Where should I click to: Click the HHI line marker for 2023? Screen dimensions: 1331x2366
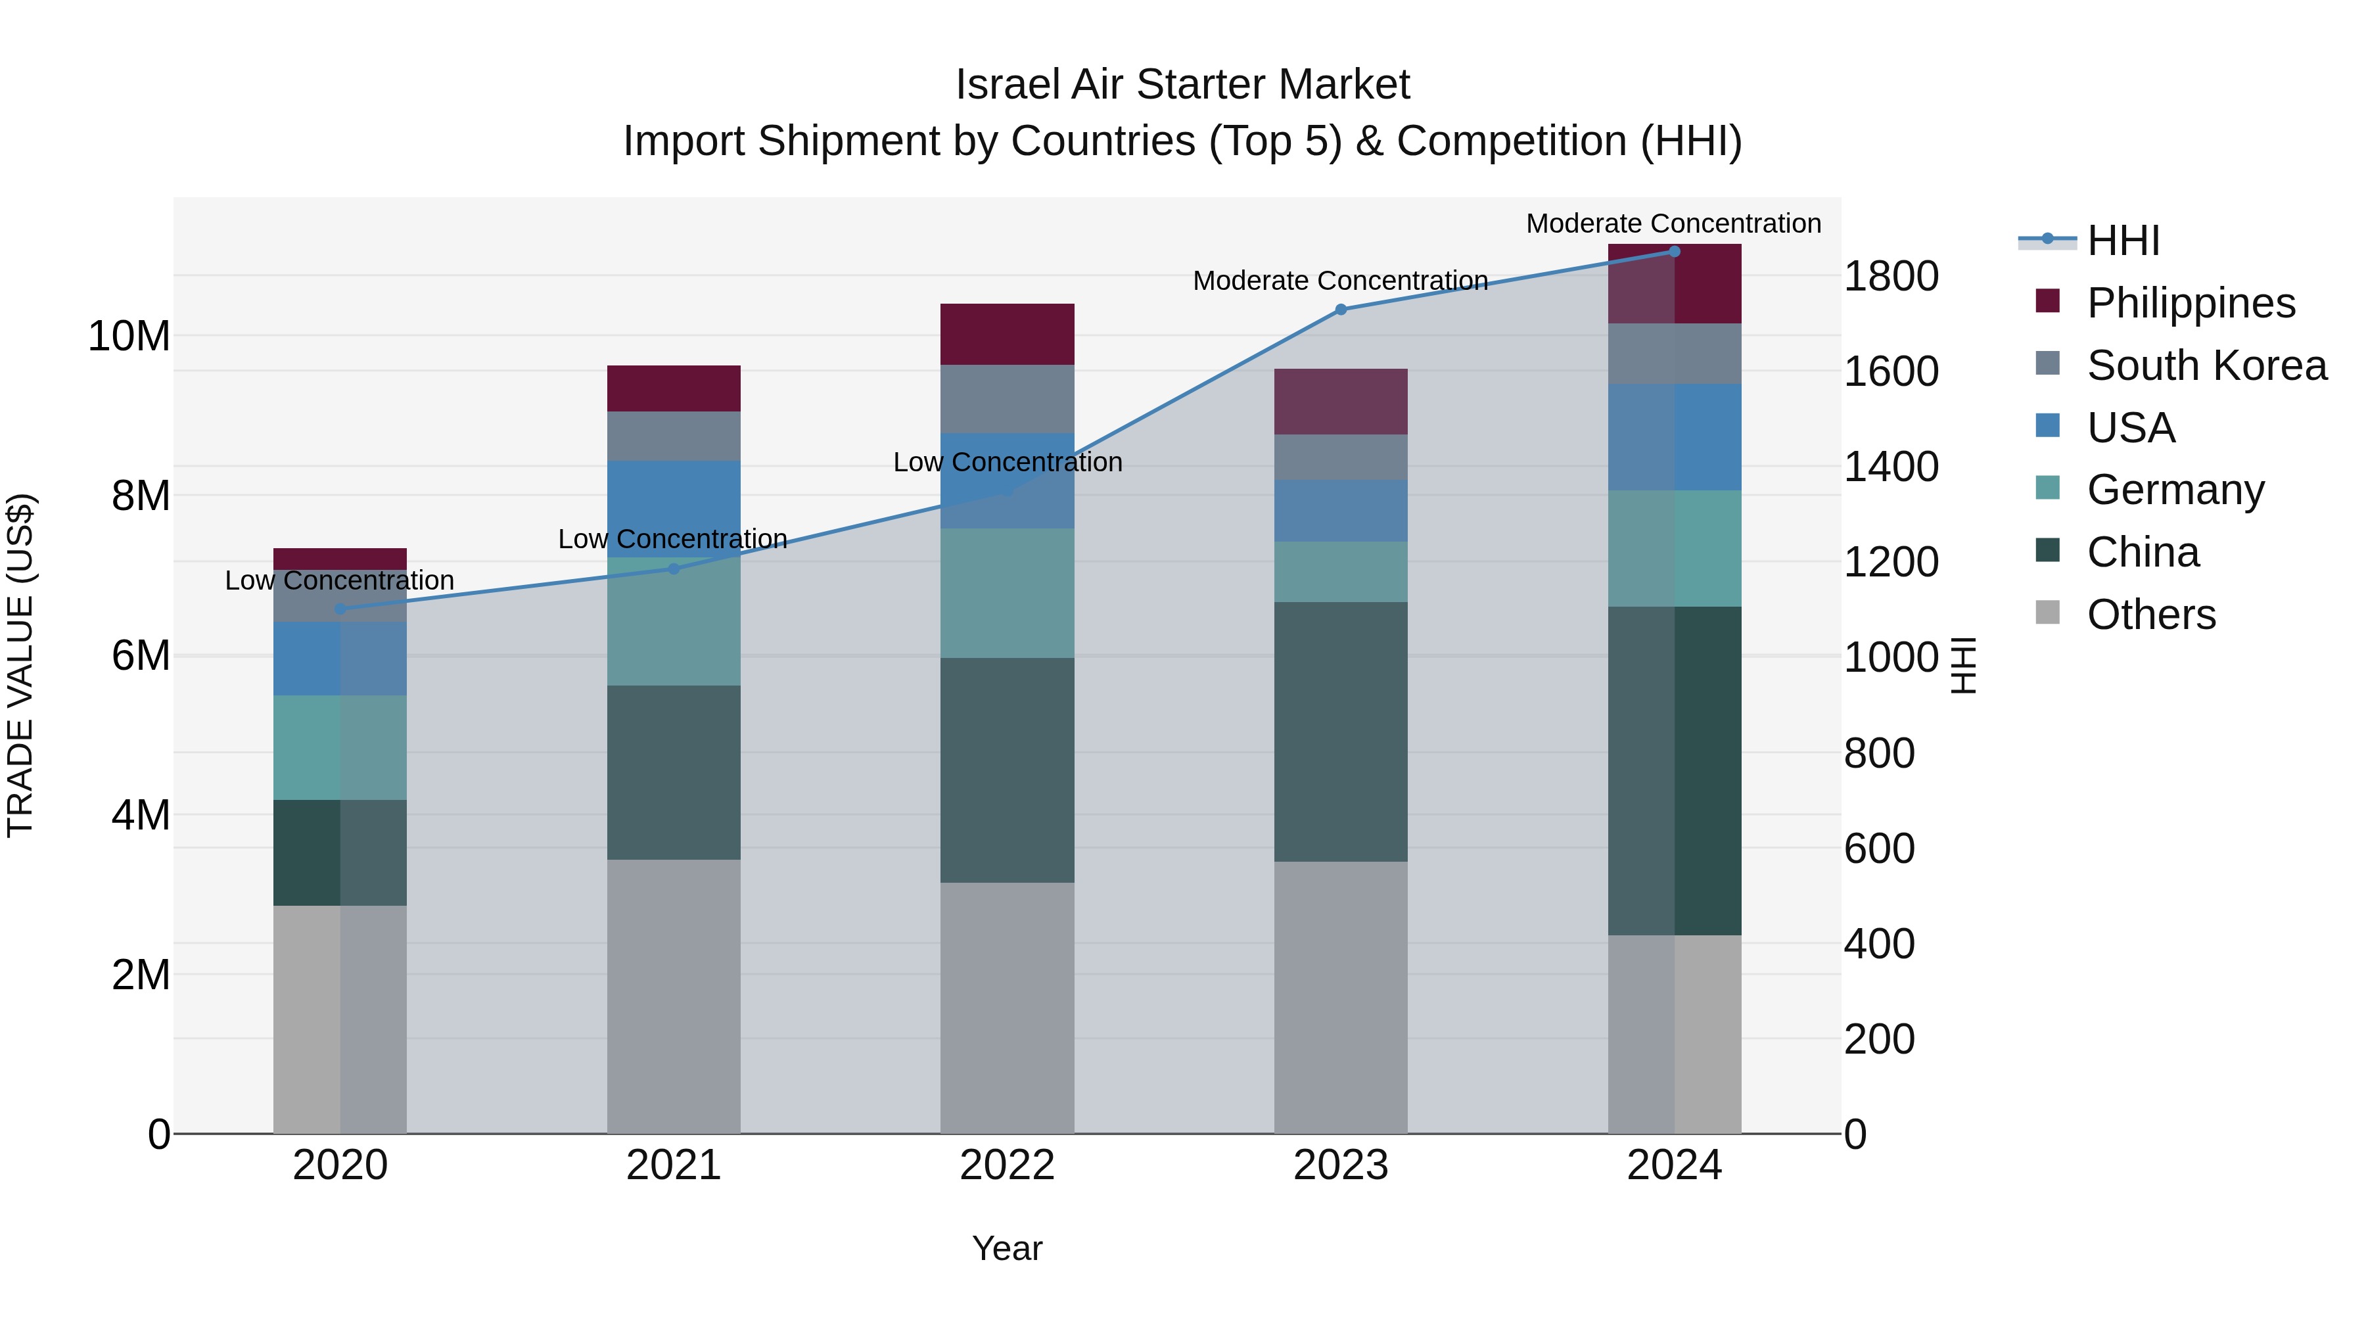[1340, 310]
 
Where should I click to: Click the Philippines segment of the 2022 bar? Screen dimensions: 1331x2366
[1007, 335]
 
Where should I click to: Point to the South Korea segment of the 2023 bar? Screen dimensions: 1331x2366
[1340, 457]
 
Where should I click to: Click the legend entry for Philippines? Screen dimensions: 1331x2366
[2190, 303]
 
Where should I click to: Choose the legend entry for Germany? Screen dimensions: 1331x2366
[2174, 490]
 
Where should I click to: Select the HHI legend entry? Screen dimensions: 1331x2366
[2122, 241]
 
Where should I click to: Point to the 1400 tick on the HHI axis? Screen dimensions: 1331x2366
[1890, 467]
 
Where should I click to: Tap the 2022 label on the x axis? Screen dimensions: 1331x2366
[1007, 1165]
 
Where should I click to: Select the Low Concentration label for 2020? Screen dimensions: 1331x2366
[339, 580]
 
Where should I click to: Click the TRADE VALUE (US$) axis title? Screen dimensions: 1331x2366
[20, 665]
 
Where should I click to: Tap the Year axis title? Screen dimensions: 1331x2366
[1007, 1248]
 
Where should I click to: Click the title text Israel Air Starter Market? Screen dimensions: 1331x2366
[1182, 85]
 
